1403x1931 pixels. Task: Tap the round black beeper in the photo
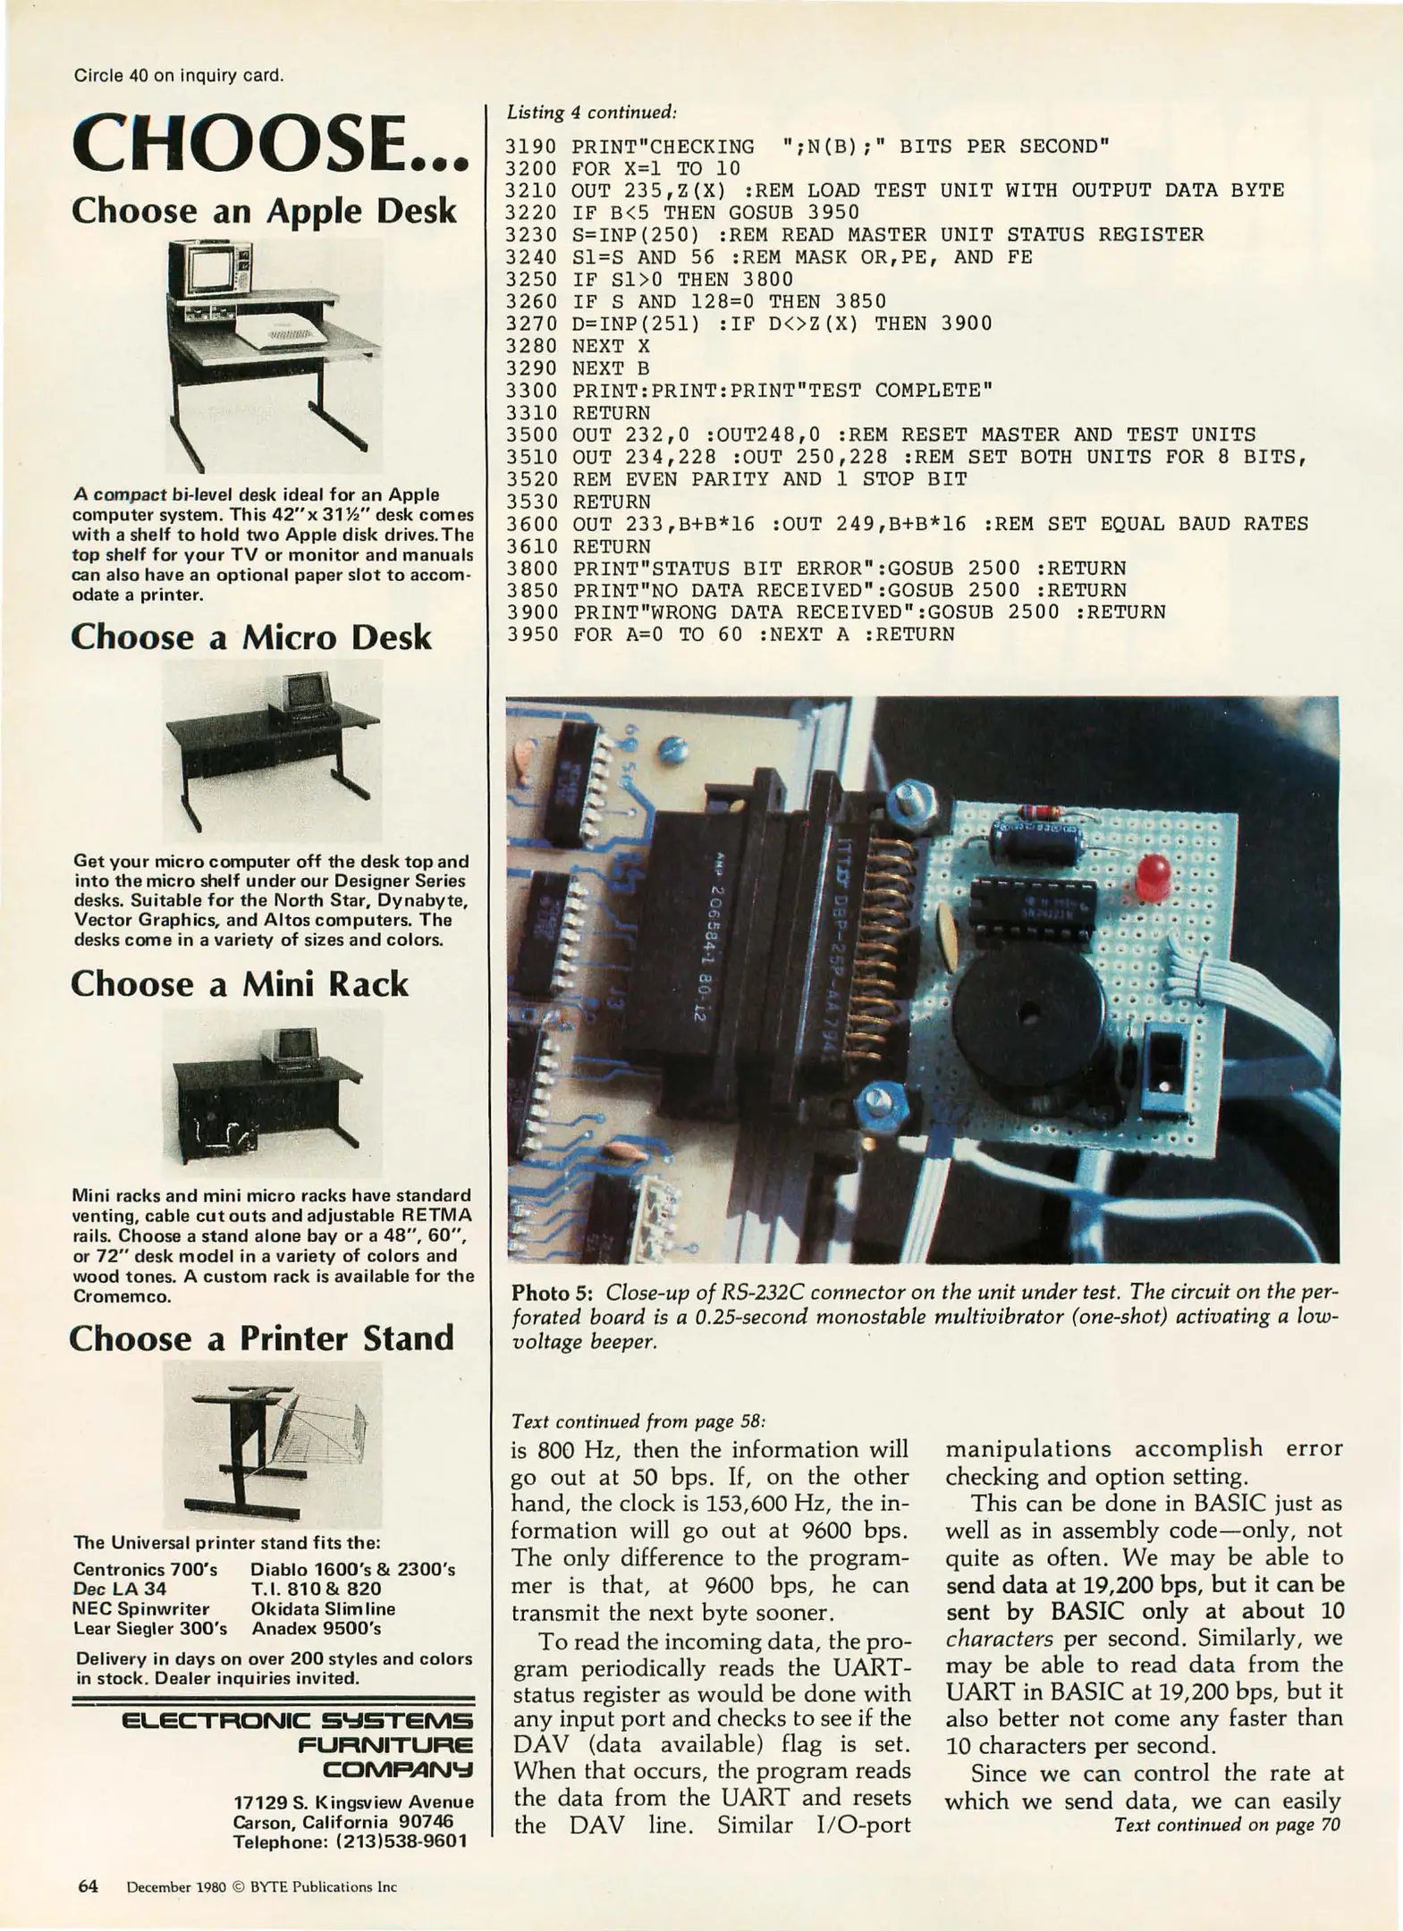(x=1027, y=1012)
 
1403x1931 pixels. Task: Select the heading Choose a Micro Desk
(x=251, y=637)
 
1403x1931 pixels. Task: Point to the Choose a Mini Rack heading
(x=240, y=984)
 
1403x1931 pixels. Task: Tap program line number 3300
(x=530, y=391)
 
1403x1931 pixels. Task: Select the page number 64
(x=87, y=1886)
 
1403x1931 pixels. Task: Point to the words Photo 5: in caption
(x=554, y=1293)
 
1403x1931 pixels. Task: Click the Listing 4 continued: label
(x=591, y=113)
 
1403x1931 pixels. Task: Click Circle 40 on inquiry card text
(x=178, y=75)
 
